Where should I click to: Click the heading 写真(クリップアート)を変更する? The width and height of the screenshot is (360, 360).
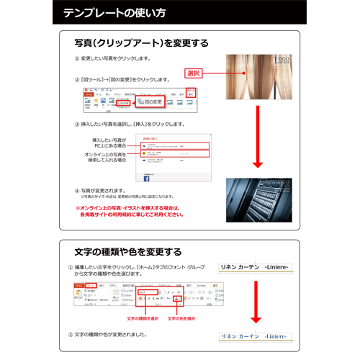142,43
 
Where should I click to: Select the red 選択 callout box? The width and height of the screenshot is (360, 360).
192,73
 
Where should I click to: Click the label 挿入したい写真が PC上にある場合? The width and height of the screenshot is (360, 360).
109,142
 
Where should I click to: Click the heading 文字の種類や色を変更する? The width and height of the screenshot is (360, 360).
128,252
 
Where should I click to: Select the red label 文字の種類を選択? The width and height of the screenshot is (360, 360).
143,317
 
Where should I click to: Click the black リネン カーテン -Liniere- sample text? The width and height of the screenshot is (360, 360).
255,267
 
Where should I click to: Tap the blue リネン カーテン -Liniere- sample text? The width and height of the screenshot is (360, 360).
255,336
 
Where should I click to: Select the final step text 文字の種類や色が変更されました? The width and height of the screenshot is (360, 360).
115,335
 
